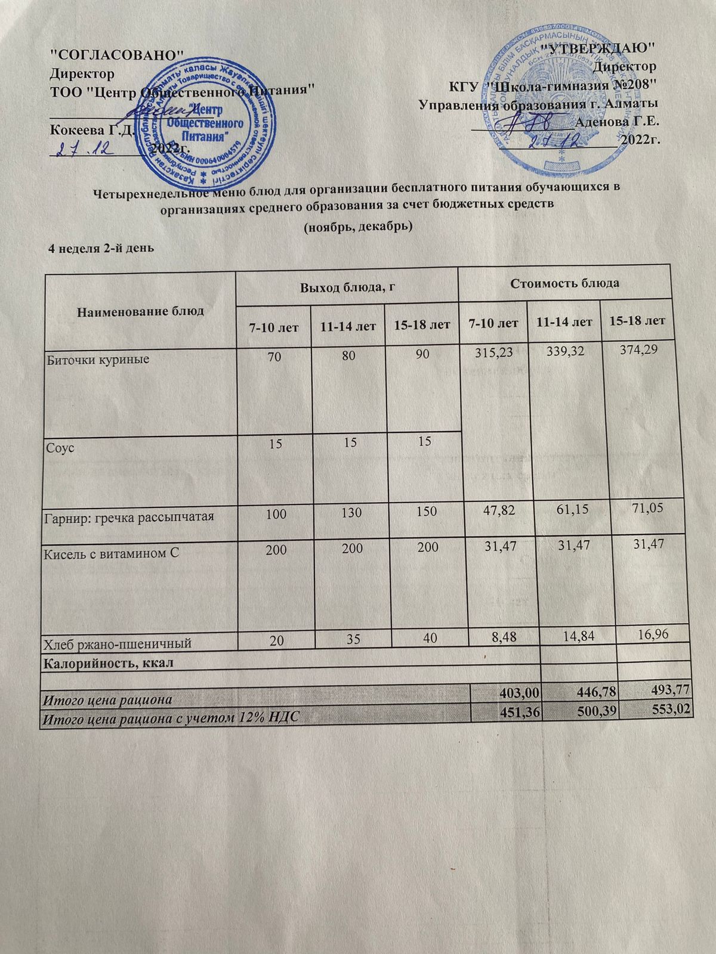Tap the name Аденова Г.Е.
(x=618, y=122)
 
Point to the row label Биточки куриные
(x=97, y=360)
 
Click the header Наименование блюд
(x=140, y=311)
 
